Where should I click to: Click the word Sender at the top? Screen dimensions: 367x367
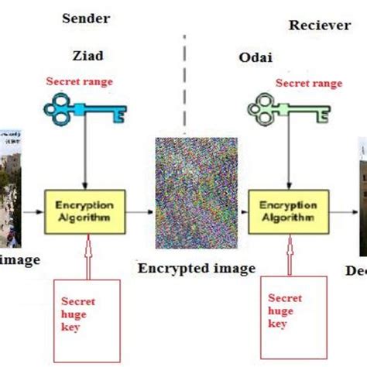coord(85,18)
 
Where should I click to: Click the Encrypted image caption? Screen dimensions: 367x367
coord(197,269)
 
